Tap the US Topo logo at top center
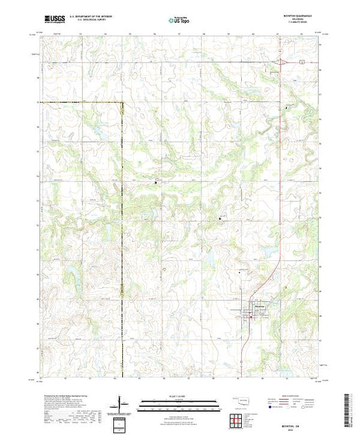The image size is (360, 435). click(180, 20)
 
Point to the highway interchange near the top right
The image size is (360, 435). click(281, 63)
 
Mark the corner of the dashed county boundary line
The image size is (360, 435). click(123, 104)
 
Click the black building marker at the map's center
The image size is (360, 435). click(155, 182)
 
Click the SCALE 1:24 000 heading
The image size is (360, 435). click(180, 396)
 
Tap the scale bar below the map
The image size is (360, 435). click(180, 401)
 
